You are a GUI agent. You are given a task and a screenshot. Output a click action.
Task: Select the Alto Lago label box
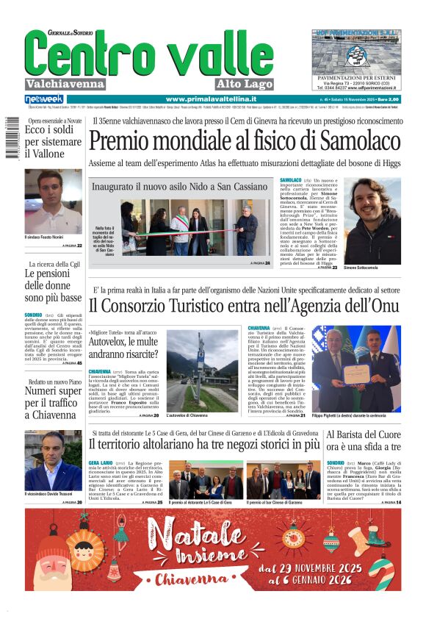point(244,84)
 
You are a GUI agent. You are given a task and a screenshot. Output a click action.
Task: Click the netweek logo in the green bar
point(44,99)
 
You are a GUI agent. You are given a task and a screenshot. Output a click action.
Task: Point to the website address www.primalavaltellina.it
point(211,99)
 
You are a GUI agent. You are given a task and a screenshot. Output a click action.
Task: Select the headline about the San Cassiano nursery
point(180,187)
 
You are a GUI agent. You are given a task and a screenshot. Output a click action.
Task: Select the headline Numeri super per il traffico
point(53,403)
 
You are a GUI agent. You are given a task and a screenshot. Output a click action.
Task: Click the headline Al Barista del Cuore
point(364,438)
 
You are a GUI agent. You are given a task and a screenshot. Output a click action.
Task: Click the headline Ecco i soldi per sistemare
point(53,142)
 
